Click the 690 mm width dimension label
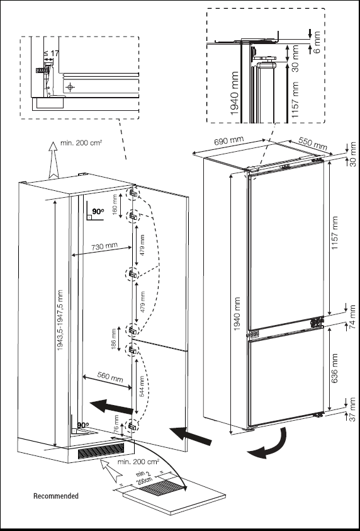[x=228, y=142]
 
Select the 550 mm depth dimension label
[x=313, y=144]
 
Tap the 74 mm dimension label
[x=352, y=325]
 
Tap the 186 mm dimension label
[x=113, y=339]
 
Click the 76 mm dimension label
[x=116, y=426]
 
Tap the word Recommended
[x=56, y=496]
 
